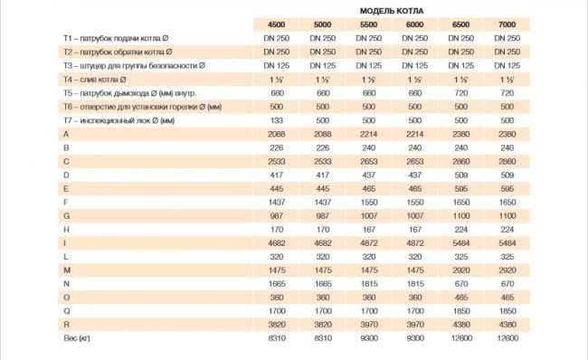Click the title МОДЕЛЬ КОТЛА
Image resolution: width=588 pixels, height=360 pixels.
click(x=392, y=11)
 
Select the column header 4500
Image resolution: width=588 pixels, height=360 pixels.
click(x=277, y=24)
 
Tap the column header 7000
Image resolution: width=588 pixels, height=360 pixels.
click(x=507, y=24)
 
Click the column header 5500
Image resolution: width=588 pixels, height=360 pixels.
click(x=368, y=24)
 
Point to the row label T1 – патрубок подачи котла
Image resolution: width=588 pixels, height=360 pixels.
click(x=116, y=39)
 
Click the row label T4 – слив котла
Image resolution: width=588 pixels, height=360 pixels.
click(x=94, y=80)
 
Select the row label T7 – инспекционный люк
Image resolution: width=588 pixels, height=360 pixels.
click(x=119, y=120)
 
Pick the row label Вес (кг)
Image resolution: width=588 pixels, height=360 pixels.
click(x=77, y=338)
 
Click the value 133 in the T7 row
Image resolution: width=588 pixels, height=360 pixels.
click(x=277, y=120)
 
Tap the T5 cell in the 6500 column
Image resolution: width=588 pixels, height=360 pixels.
click(x=460, y=93)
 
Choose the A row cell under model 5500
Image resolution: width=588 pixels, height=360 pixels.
click(x=368, y=134)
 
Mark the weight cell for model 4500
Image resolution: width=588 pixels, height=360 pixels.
click(x=277, y=338)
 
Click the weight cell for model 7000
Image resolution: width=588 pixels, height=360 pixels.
click(x=507, y=338)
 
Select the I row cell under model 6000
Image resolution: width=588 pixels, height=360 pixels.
click(x=415, y=243)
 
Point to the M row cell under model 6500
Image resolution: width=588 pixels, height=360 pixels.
click(x=461, y=270)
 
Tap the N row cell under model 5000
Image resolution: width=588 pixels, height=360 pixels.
click(x=323, y=284)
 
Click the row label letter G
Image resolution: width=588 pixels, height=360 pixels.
click(x=66, y=216)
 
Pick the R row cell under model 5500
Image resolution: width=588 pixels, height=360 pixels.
click(x=369, y=325)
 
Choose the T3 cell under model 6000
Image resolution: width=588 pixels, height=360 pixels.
click(x=414, y=66)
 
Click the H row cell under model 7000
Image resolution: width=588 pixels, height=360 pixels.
click(x=507, y=230)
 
